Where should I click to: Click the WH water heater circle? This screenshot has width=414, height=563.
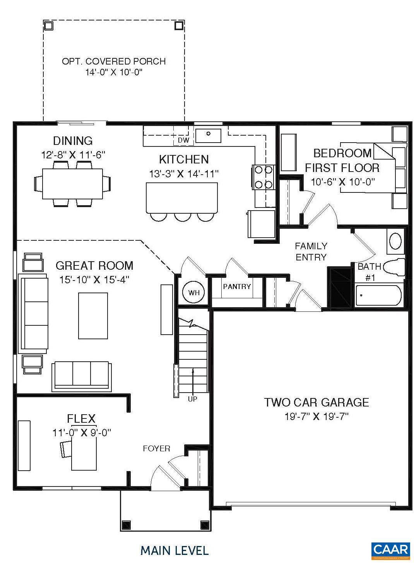tap(194, 293)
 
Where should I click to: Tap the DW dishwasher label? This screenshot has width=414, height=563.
tap(183, 140)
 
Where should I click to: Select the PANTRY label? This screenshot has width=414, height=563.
tap(237, 286)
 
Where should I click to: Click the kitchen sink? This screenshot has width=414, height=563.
tap(208, 135)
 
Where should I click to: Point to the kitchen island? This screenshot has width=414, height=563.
tap(181, 197)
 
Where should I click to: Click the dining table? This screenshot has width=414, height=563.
tap(72, 183)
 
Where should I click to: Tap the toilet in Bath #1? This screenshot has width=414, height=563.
tap(396, 267)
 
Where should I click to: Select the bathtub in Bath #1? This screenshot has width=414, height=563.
tap(379, 296)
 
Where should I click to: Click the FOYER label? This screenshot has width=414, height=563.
tap(156, 448)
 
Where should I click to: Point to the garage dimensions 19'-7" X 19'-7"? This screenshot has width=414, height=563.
tap(316, 417)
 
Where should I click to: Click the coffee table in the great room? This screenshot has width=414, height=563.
tap(93, 315)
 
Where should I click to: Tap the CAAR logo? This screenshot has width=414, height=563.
tap(390, 549)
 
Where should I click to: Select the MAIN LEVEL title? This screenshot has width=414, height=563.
tap(174, 550)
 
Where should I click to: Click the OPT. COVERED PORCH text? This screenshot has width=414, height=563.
tap(114, 61)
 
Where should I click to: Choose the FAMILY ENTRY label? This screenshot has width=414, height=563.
tap(311, 251)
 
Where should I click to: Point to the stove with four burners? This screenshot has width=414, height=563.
tap(263, 177)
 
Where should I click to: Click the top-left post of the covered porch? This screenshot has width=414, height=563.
tap(48, 26)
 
